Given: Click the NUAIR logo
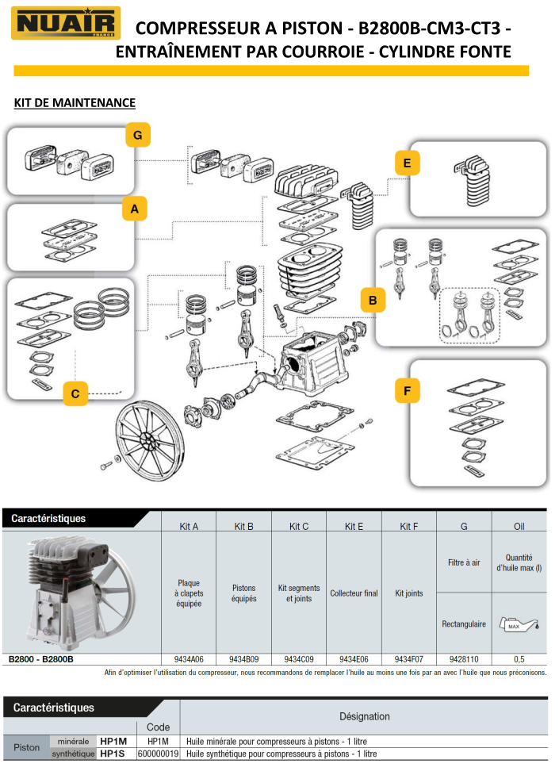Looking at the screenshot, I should (66, 24).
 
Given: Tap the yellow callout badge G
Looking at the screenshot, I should (137, 136).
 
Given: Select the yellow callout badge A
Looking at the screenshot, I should (134, 209).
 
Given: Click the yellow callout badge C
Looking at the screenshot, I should (75, 393).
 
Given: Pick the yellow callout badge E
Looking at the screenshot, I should (407, 163).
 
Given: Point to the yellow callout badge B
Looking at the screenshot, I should (372, 301).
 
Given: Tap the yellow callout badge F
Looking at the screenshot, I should (407, 392).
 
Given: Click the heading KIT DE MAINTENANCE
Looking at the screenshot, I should (75, 102).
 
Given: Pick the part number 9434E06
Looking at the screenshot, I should (354, 658).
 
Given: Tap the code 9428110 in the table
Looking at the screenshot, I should (464, 658).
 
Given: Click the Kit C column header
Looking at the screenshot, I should (299, 526).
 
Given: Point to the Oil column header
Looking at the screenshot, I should (519, 526).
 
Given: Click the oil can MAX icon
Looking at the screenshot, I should (519, 624).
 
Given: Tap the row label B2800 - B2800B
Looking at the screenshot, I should (41, 658).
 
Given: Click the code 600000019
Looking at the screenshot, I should (158, 754).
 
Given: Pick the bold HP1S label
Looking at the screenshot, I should (113, 754).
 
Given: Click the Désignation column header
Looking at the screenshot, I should (364, 716).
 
